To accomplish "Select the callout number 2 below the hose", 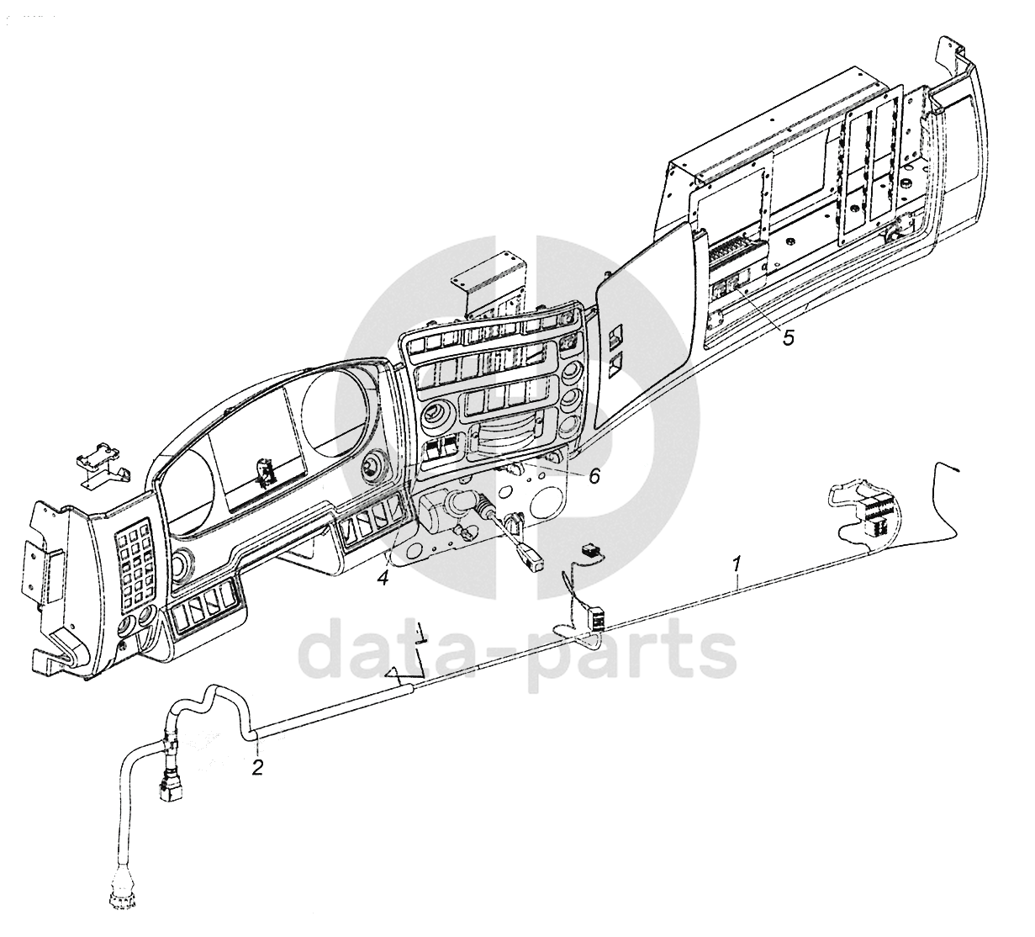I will click(257, 766).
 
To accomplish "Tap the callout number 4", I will click(383, 579).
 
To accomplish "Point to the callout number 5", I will click(788, 337).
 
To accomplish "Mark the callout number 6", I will click(594, 476).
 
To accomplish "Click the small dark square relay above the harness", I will click(590, 550).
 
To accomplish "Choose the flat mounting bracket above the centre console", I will click(488, 280).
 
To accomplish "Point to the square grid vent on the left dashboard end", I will click(133, 563).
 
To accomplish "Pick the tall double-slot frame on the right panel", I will click(871, 151).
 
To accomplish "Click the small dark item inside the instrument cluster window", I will click(267, 473).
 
